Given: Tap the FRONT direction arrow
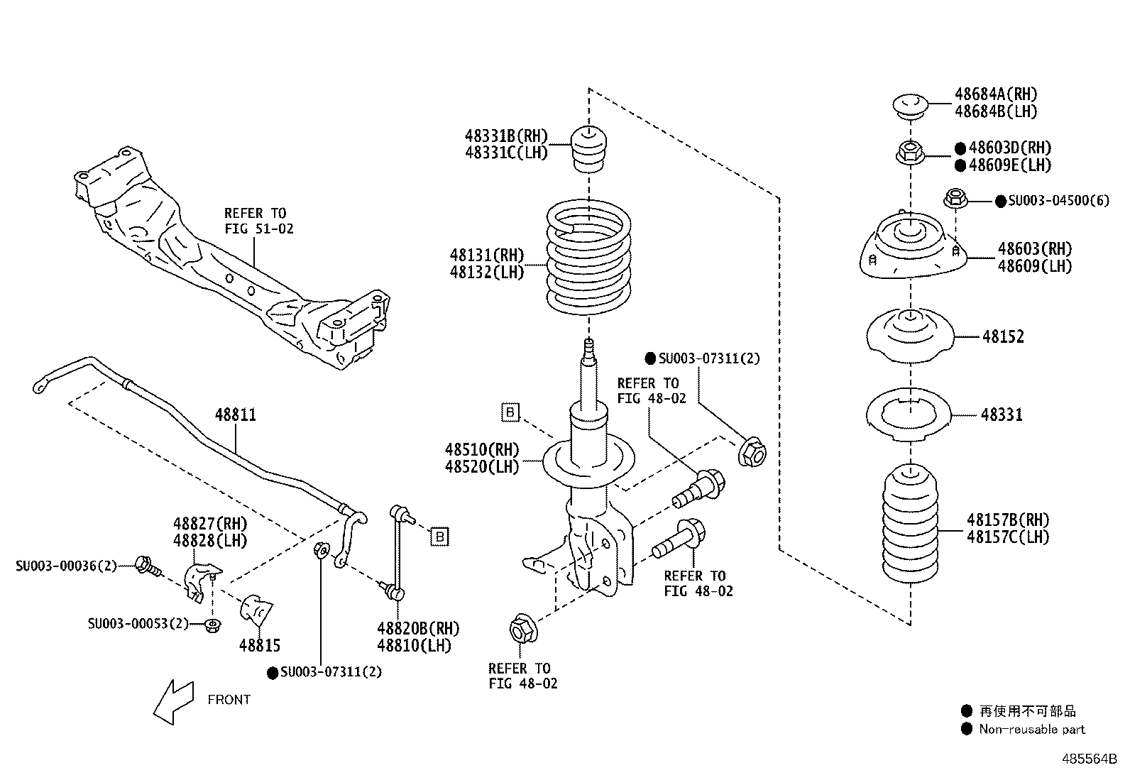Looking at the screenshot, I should click(x=173, y=701).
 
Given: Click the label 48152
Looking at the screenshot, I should click(x=1003, y=337).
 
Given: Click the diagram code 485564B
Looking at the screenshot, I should click(x=1089, y=759).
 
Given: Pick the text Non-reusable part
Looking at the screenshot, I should click(x=1031, y=730).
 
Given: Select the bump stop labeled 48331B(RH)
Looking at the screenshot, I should click(x=588, y=150).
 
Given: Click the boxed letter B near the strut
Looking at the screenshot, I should click(x=510, y=412).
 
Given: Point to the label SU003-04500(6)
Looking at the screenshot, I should click(x=1058, y=201).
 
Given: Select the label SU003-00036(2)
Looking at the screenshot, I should click(x=66, y=566).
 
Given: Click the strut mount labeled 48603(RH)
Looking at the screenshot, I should click(x=910, y=253).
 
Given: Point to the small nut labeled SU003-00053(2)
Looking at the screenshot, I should click(x=212, y=625).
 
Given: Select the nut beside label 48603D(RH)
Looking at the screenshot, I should click(x=909, y=152).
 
